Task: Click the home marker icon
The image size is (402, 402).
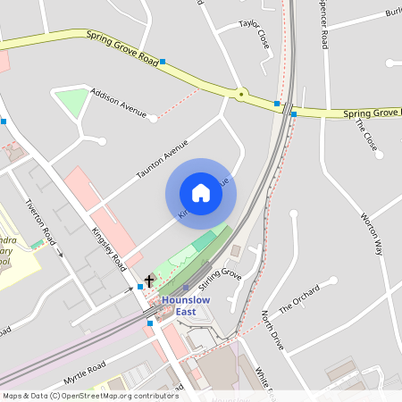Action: (x=201, y=192)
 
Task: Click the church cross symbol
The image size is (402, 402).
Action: (x=148, y=281)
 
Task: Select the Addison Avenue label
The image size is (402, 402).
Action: (x=118, y=103)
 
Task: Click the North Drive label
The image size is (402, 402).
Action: (x=272, y=330)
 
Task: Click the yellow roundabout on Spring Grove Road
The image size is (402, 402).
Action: (x=240, y=93)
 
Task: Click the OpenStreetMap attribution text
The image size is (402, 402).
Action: (x=89, y=395)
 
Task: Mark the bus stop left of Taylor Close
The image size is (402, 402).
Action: (x=162, y=63)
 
